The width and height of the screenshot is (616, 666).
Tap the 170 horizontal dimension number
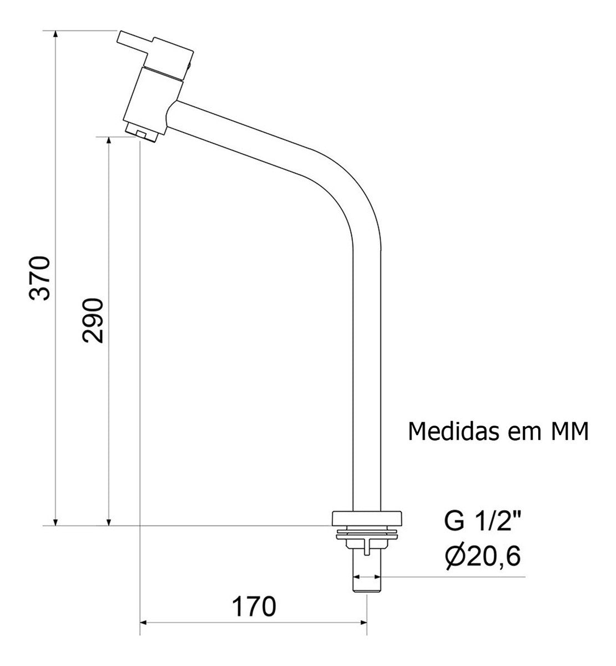(254, 606)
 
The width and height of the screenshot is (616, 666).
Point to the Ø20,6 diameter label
(483, 557)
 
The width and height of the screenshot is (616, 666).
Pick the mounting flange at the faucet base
(366, 518)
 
